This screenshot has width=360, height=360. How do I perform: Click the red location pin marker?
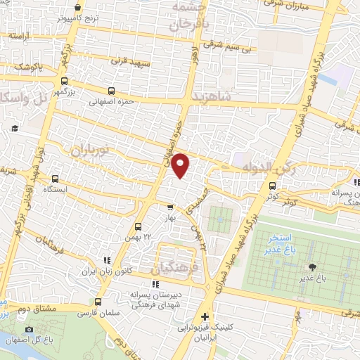[x=181, y=165]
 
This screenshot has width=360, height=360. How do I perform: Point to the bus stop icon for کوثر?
[x=273, y=186]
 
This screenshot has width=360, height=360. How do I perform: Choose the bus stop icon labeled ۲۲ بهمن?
[x=138, y=227]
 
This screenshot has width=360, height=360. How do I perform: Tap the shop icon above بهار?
[x=169, y=207]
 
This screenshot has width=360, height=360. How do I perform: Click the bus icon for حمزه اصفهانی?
[x=112, y=91]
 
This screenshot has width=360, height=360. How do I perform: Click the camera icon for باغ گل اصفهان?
[x=29, y=329]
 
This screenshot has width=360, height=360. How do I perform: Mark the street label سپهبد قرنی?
[x=127, y=60]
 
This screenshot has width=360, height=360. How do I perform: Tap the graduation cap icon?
[x=15, y=128]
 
